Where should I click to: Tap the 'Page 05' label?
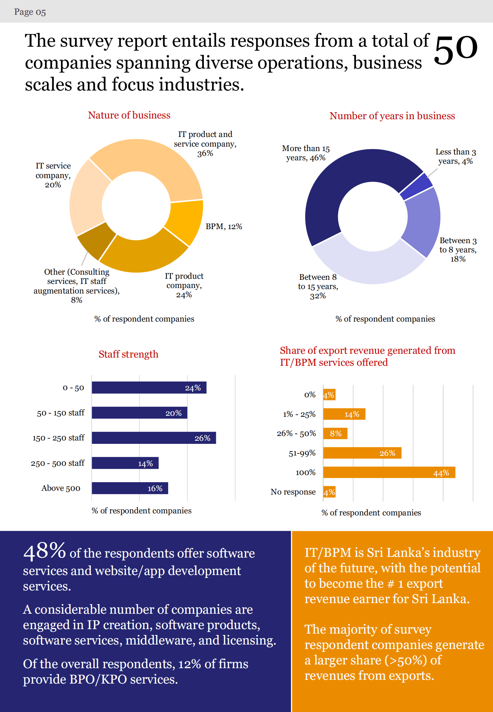30,12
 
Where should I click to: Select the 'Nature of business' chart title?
129,115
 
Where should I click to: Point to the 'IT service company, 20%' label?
53,175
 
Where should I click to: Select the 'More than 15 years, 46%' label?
306,153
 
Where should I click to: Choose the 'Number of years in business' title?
392,116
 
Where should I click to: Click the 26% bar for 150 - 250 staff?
154,438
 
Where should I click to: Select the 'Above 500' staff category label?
61,488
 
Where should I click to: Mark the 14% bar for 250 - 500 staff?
125,463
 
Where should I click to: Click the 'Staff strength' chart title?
128,354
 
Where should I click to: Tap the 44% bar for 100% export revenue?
389,473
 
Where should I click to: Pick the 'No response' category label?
293,492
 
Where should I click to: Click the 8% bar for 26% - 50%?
335,434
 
